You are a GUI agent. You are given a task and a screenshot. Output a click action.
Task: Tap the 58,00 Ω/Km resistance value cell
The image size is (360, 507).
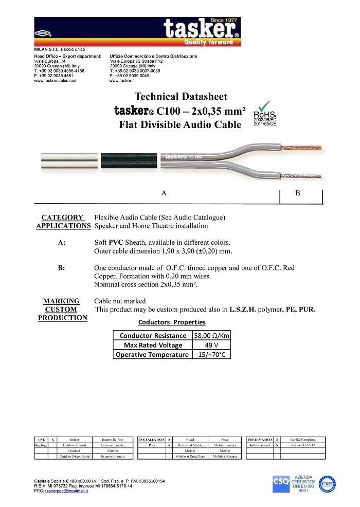(x=211, y=336)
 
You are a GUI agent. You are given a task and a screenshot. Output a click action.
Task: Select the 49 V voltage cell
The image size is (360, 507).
(x=211, y=345)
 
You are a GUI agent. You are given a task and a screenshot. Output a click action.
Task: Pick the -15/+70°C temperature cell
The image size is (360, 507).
(x=211, y=354)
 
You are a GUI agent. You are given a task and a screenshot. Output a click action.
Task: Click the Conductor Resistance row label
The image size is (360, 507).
(x=152, y=336)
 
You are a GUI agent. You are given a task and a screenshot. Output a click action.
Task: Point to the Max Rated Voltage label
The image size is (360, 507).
(x=152, y=345)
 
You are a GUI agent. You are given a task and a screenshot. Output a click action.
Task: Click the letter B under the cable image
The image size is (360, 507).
(x=298, y=193)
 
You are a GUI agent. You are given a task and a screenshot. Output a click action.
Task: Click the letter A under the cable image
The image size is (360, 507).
(x=164, y=193)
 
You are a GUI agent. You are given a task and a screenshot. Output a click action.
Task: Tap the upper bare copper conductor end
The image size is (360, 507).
(x=307, y=148)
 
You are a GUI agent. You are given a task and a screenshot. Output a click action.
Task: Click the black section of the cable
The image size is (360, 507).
(x=129, y=161)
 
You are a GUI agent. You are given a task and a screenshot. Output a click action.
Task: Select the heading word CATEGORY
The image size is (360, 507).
(x=62, y=218)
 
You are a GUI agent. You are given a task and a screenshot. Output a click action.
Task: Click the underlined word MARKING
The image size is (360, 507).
(x=61, y=301)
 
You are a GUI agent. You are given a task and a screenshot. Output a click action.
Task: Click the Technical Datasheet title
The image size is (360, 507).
(x=181, y=97)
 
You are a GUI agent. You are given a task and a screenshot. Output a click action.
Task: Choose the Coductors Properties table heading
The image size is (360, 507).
(x=172, y=322)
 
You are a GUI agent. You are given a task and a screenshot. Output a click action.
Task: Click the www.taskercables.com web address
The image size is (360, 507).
(x=56, y=81)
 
